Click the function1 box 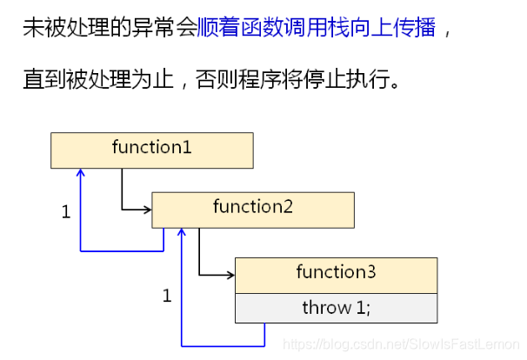[151, 150]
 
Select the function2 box [253, 209]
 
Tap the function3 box [336, 274]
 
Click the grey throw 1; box [336, 308]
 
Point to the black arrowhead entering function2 [148, 209]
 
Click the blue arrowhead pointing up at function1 [81, 173]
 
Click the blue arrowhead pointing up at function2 [181, 231]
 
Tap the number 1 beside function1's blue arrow [65, 212]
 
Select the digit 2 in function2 [288, 208]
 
